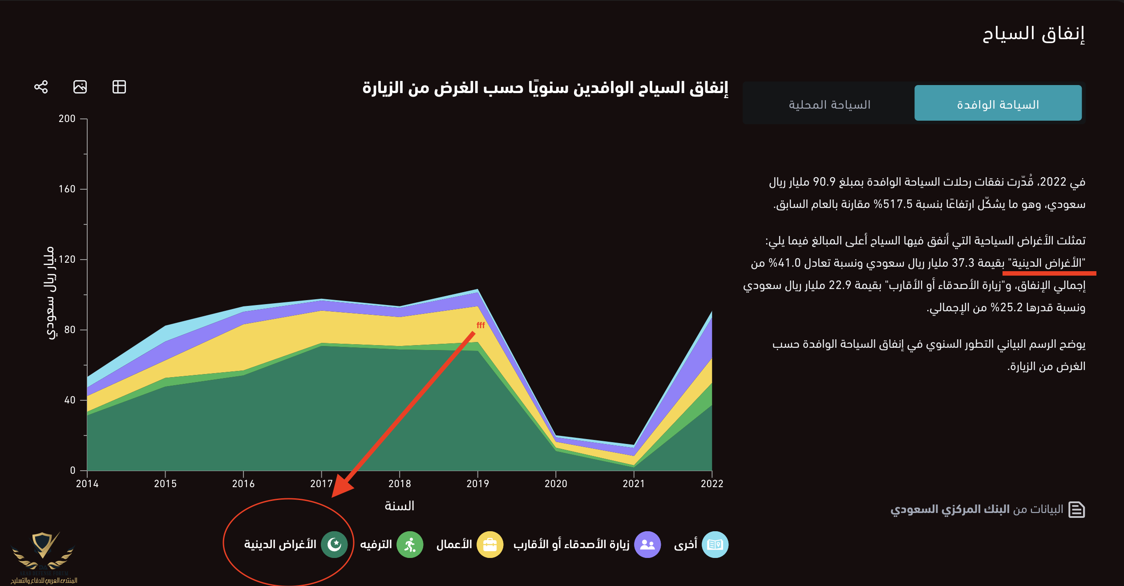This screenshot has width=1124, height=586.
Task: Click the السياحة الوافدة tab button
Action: pyautogui.click(x=998, y=104)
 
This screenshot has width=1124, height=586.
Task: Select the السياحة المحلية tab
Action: pyautogui.click(x=829, y=104)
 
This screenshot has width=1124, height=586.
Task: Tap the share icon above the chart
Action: pyautogui.click(x=41, y=86)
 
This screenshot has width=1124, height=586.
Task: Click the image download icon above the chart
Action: pyautogui.click(x=80, y=86)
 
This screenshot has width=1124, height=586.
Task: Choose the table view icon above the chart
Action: pyautogui.click(x=119, y=86)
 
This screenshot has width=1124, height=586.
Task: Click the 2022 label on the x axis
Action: pyautogui.click(x=712, y=484)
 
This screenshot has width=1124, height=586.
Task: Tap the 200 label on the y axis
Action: pyautogui.click(x=67, y=118)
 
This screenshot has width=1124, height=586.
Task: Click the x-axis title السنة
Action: pyautogui.click(x=399, y=506)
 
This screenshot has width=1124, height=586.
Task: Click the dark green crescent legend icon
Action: pyautogui.click(x=334, y=544)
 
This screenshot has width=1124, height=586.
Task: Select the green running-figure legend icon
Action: pyautogui.click(x=410, y=544)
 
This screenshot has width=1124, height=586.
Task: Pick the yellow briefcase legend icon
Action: pyautogui.click(x=490, y=544)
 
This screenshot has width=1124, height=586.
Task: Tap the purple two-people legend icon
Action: pyautogui.click(x=647, y=544)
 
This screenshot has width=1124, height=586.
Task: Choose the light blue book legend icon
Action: pyautogui.click(x=715, y=544)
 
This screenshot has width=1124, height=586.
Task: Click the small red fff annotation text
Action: pyautogui.click(x=481, y=325)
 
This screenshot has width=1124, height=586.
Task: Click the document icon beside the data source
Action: pyautogui.click(x=1076, y=509)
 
